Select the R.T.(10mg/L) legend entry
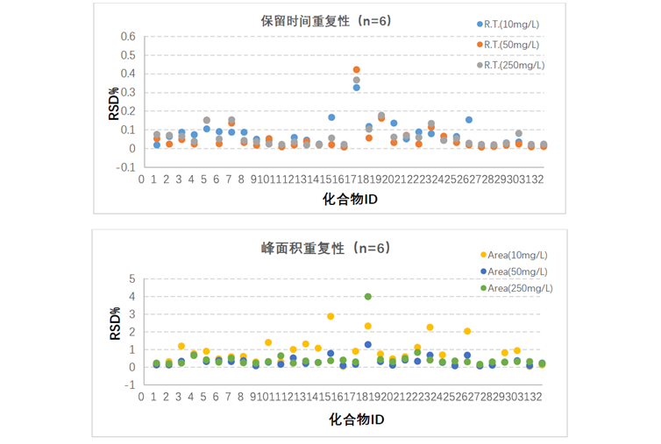point(510,25)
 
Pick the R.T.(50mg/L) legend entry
point(510,45)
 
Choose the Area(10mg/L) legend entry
point(516,255)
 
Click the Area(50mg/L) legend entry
point(516,271)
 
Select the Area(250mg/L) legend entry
point(519,288)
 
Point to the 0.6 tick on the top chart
point(128,37)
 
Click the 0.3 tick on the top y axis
point(128,93)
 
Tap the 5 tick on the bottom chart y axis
point(132,278)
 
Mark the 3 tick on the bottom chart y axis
point(132,314)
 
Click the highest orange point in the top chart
point(357,69)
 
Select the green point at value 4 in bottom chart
point(368,297)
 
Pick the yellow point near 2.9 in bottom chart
point(330,316)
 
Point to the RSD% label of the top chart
point(114,102)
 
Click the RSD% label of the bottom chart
point(114,323)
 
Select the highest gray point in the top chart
point(357,80)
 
